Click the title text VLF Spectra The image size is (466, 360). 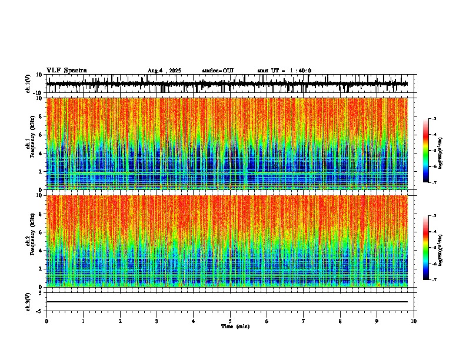[x=66, y=70]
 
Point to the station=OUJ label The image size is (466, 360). [x=218, y=71]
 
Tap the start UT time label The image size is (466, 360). [x=284, y=71]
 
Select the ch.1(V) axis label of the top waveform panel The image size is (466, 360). [x=29, y=84]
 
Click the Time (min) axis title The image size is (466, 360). [x=235, y=326]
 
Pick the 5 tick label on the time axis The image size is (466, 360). [x=230, y=321]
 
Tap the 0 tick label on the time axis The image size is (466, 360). [x=46, y=321]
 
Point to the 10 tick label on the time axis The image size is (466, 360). [x=414, y=321]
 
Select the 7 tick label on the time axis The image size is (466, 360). [x=304, y=321]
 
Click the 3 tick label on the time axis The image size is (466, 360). [x=157, y=321]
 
